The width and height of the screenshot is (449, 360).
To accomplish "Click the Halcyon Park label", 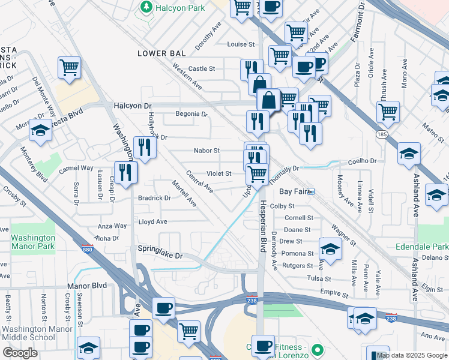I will pos(179,7).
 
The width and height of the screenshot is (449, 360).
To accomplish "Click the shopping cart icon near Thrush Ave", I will pos(388,111).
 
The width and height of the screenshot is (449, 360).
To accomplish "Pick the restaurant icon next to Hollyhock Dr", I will pos(145,147).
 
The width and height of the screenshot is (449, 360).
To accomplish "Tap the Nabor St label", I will pos(206,151).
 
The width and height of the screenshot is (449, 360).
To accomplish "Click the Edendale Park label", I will pos(422,247).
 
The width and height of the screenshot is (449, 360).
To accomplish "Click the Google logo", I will pos(19,353).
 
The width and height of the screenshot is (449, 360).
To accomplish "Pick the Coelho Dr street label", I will pos(364,161).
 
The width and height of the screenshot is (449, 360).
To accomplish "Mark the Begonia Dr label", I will pos(191,113).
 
